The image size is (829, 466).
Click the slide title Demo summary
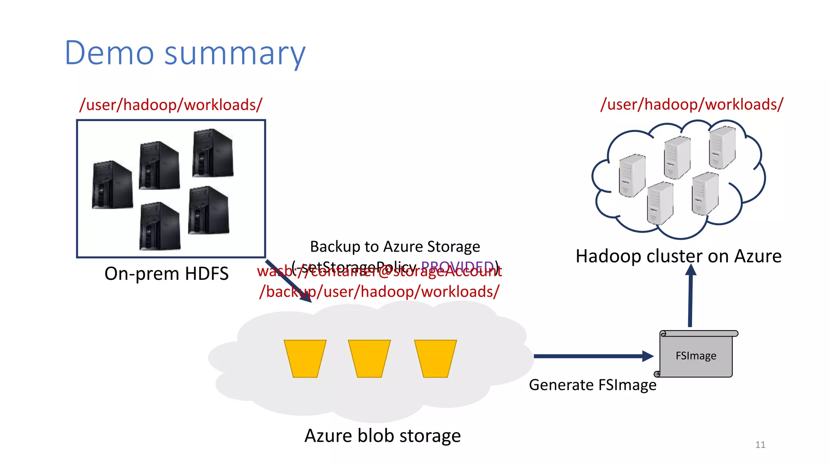click(185, 53)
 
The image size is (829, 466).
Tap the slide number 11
click(760, 445)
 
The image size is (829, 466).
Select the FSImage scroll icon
click(696, 355)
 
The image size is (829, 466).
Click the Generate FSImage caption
click(592, 385)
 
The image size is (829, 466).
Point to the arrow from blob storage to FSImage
click(591, 356)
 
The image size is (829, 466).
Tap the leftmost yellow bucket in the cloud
click(305, 358)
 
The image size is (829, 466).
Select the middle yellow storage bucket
click(369, 358)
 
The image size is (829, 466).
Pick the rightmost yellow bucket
click(435, 358)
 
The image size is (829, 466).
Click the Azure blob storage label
click(382, 436)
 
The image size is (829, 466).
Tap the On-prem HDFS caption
click(166, 273)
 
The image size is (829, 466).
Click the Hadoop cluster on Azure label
click(678, 256)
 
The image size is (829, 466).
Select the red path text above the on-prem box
click(171, 105)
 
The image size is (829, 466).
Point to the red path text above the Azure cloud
click(692, 104)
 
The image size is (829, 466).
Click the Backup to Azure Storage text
click(395, 246)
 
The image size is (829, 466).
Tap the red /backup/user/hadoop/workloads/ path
click(379, 292)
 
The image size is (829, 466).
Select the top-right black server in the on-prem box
click(213, 153)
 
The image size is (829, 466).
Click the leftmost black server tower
click(112, 185)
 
